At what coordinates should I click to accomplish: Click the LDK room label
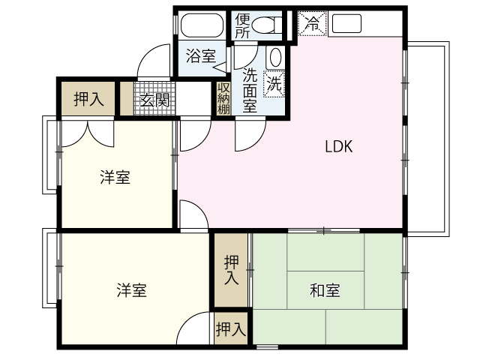[338, 146]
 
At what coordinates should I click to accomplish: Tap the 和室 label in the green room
[325, 290]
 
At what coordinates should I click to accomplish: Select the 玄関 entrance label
[154, 100]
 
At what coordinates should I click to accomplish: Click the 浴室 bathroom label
[201, 55]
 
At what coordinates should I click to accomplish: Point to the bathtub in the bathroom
[202, 25]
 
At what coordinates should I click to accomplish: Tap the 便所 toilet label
[242, 26]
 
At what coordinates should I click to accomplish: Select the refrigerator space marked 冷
[312, 24]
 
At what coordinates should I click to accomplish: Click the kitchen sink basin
[346, 23]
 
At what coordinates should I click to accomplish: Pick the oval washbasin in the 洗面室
[275, 57]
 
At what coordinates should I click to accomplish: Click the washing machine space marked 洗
[274, 83]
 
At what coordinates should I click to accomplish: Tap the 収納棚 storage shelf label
[223, 98]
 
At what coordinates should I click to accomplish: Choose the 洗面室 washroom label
[250, 90]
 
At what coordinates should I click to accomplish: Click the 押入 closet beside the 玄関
[88, 98]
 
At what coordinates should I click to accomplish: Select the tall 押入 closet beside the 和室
[230, 270]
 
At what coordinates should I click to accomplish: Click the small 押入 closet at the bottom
[231, 328]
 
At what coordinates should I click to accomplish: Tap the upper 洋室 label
[115, 177]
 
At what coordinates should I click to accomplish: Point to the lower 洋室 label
[132, 290]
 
